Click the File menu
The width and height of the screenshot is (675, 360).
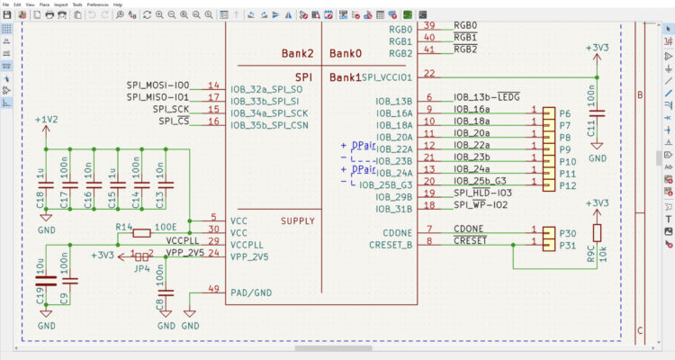[x=7, y=4]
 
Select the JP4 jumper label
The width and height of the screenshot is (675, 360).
[x=139, y=267]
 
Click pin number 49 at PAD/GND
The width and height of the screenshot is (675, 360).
[x=212, y=289]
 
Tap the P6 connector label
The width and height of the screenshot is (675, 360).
[x=565, y=113]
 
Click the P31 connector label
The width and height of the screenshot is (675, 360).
[x=568, y=245]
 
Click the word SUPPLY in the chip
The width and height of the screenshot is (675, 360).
[x=298, y=221]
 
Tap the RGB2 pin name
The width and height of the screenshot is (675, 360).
[x=400, y=52]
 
